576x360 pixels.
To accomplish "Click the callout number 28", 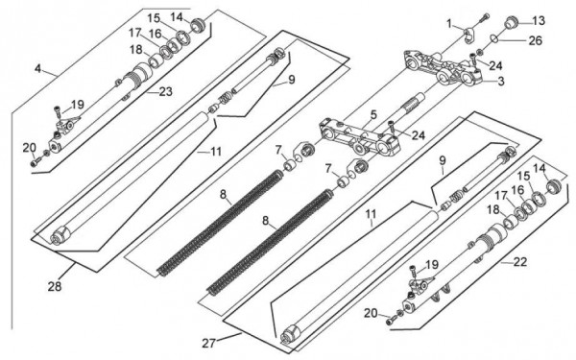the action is [55, 286].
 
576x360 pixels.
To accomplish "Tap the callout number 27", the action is [208, 343].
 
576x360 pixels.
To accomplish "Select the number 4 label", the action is [38, 68].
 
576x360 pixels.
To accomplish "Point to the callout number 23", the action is [166, 91].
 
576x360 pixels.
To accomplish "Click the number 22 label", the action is [520, 262].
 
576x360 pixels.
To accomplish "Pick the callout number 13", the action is [539, 21].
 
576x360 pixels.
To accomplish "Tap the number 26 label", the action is [536, 40].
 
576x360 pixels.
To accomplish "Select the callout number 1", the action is [449, 24].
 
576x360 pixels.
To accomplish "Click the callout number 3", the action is [501, 82].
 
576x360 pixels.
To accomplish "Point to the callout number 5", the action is [373, 114].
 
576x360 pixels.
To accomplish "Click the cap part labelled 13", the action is [511, 22].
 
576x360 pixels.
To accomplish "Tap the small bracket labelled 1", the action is [468, 36].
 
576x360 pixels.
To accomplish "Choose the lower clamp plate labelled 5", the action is [358, 136].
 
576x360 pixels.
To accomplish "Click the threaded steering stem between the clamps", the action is [414, 104].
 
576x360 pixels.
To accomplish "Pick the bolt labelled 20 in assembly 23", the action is [36, 161].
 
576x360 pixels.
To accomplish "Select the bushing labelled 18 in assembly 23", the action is [156, 60].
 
